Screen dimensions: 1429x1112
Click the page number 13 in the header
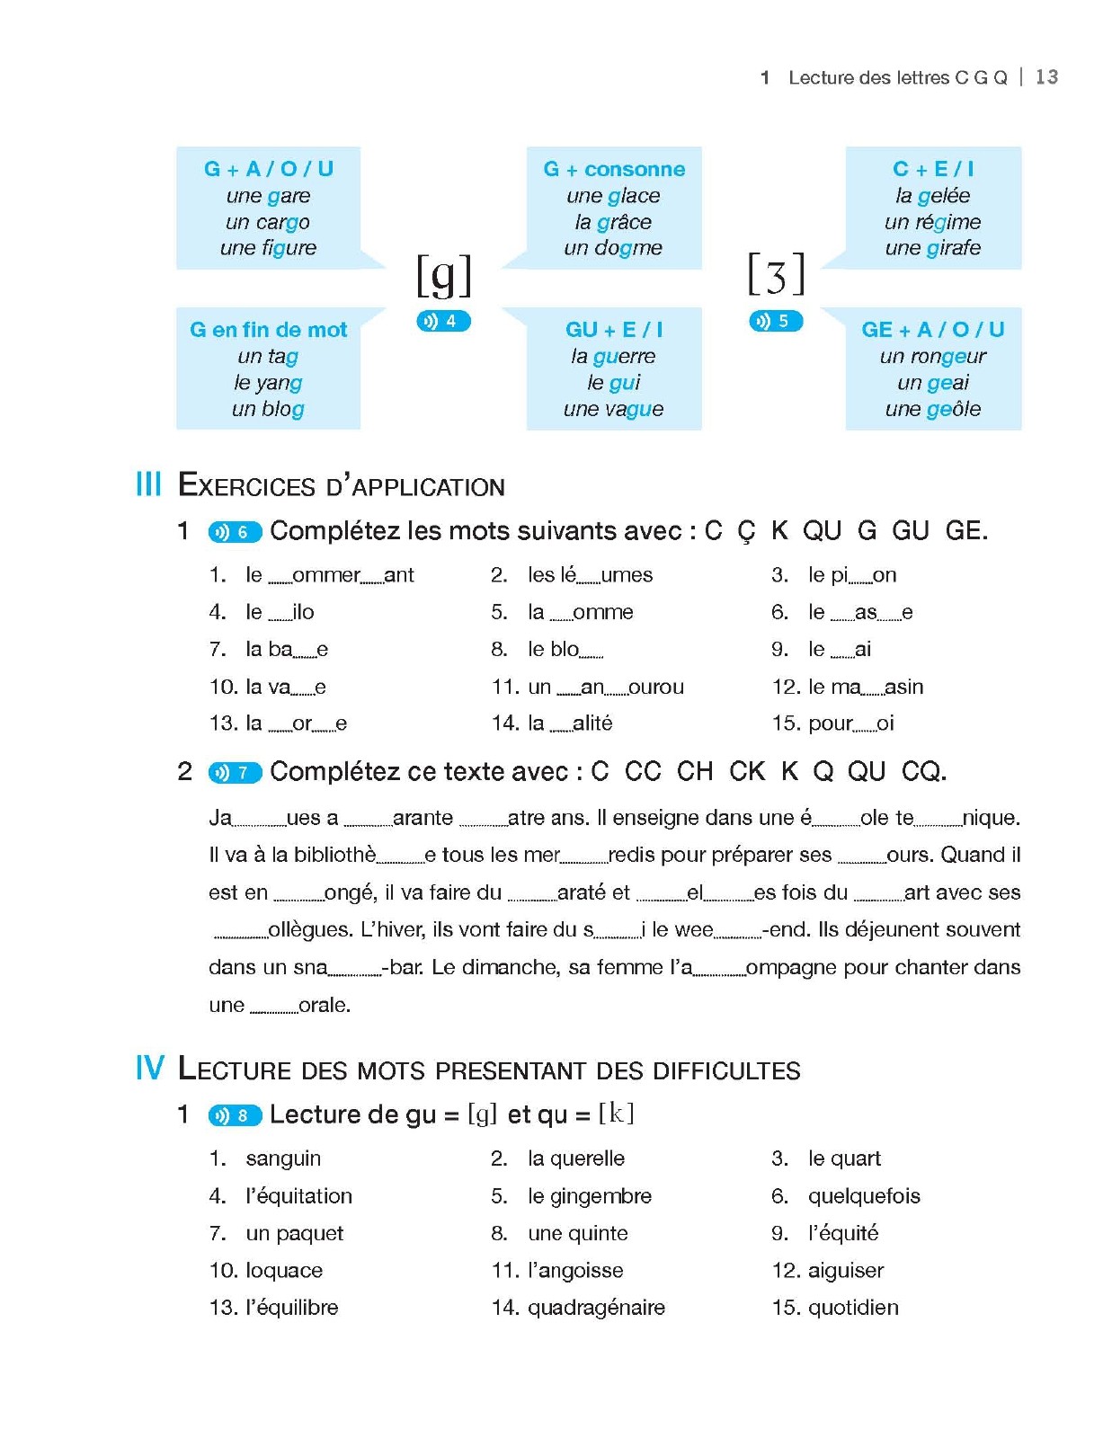tap(1046, 77)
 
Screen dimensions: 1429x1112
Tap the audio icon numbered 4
tap(443, 321)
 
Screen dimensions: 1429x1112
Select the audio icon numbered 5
tap(775, 321)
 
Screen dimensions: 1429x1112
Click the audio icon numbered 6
tap(235, 532)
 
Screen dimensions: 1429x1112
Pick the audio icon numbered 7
tap(235, 772)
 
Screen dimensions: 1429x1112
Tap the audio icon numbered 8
tap(235, 1115)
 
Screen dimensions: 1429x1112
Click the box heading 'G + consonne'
tap(614, 169)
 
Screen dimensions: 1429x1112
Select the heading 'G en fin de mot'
tap(268, 330)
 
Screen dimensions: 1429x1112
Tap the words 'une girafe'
tap(933, 248)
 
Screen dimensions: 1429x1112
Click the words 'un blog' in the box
tap(268, 409)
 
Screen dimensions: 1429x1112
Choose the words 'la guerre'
tap(613, 357)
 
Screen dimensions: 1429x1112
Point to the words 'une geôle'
tap(933, 409)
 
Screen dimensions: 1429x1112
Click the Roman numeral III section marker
tap(148, 484)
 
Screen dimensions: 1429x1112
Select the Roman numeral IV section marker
tap(150, 1069)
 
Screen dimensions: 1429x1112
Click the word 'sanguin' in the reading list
tap(283, 1158)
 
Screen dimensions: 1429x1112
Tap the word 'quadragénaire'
tap(596, 1308)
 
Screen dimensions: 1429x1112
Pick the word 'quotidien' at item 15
tap(853, 1308)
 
